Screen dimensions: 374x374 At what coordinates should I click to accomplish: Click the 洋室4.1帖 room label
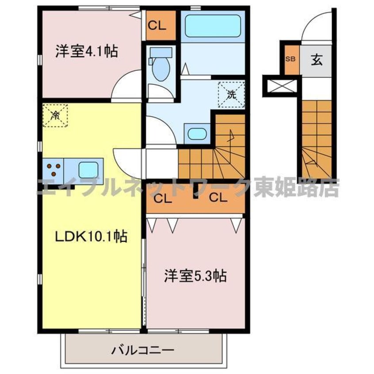click(x=86, y=52)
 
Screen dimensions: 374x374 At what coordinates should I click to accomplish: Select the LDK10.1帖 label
click(x=91, y=237)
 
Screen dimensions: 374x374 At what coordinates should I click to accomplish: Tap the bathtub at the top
click(x=213, y=25)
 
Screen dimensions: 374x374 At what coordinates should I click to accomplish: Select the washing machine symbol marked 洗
click(x=231, y=93)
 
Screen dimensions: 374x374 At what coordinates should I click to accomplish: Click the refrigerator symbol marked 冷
click(x=55, y=115)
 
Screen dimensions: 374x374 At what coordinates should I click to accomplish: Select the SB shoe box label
click(x=291, y=59)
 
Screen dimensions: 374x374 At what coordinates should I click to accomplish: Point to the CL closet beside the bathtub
click(x=156, y=26)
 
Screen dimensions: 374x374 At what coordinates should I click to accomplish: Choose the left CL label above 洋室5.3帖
click(x=163, y=198)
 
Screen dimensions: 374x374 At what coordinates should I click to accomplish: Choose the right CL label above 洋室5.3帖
click(x=218, y=198)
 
